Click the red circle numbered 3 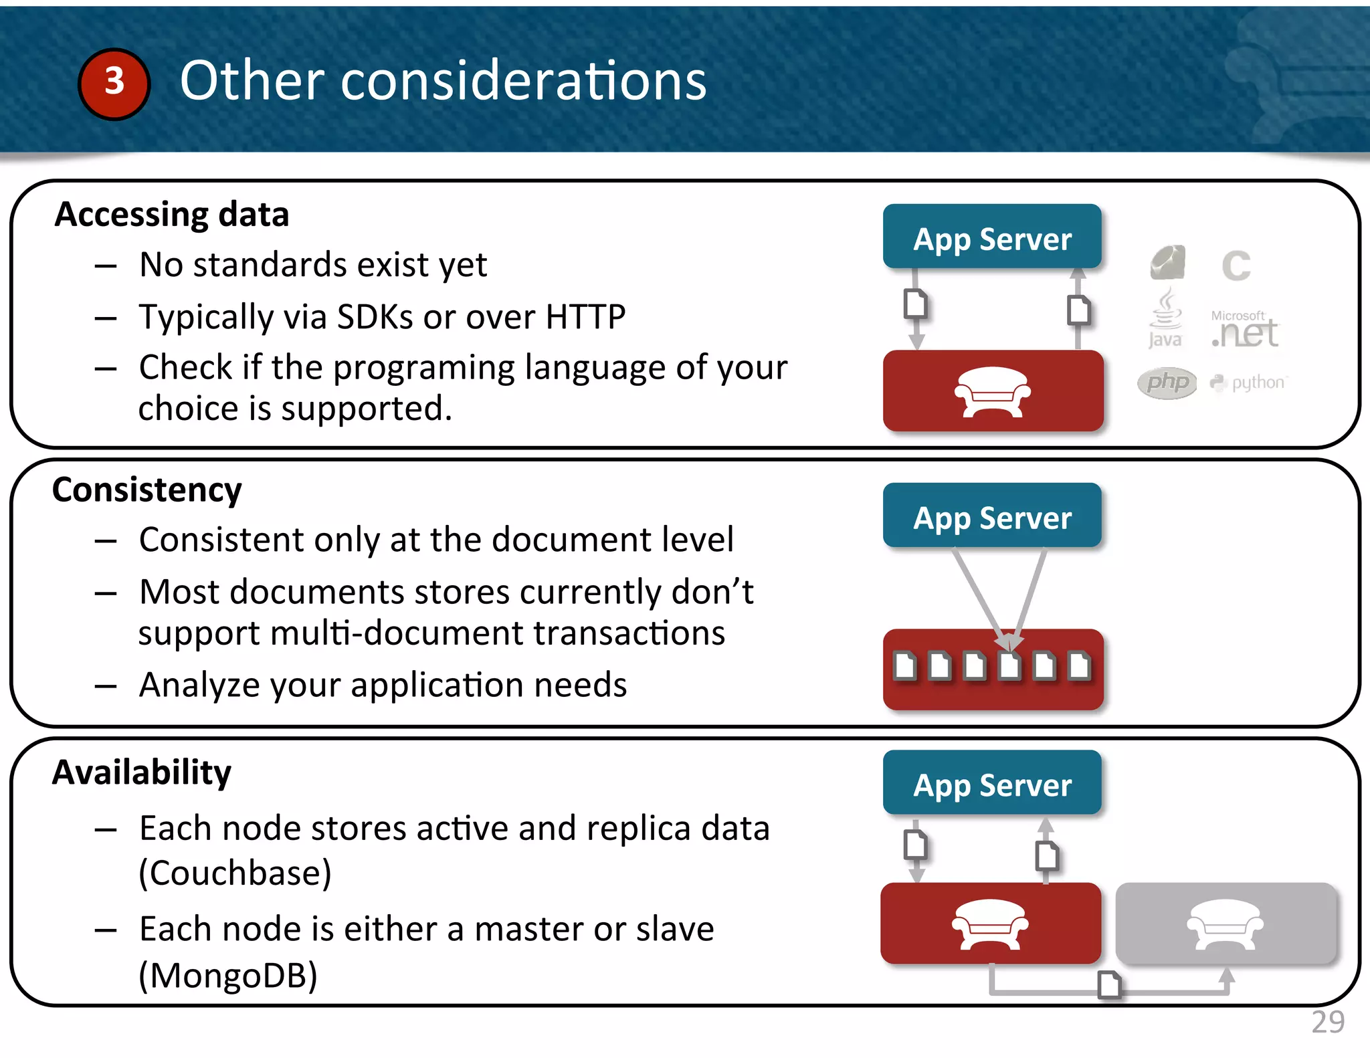[x=114, y=84]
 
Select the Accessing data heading [x=172, y=215]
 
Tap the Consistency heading [x=147, y=490]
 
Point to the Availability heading [x=142, y=772]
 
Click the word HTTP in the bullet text [x=585, y=316]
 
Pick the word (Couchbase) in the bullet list [x=235, y=872]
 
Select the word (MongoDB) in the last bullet [x=227, y=975]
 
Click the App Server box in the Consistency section [x=992, y=516]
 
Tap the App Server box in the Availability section [x=992, y=784]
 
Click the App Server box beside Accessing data [x=992, y=237]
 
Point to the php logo [x=1167, y=383]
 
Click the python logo [x=1248, y=383]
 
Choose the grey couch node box [x=1226, y=924]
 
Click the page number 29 [x=1328, y=1022]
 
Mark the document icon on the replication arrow [x=1109, y=984]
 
